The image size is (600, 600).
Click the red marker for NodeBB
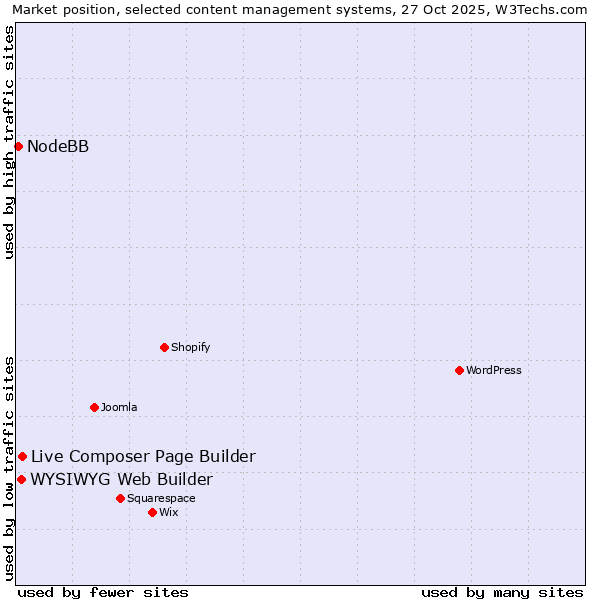coord(18,147)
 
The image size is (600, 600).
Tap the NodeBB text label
coord(58,147)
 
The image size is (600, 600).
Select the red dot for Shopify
coord(164,347)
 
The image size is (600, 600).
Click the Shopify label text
coord(190,348)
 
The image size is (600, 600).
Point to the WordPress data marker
coord(459,370)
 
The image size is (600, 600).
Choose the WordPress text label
coord(494,371)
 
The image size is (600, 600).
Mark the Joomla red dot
coord(94,407)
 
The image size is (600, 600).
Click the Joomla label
coord(119,408)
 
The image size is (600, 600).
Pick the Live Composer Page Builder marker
coord(22,457)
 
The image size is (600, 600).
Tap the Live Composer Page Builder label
coord(143,457)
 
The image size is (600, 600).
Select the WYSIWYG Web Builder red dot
coord(21,479)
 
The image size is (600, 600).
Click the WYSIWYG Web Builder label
coord(121,479)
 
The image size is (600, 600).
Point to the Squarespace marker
coord(120,498)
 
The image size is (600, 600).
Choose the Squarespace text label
coord(161,499)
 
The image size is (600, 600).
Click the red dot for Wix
coord(152,512)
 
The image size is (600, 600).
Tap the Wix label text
coord(169,513)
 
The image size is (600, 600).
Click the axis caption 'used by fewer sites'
coord(103,592)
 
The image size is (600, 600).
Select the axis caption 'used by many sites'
coord(502,592)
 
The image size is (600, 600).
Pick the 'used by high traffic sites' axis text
coord(10,142)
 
